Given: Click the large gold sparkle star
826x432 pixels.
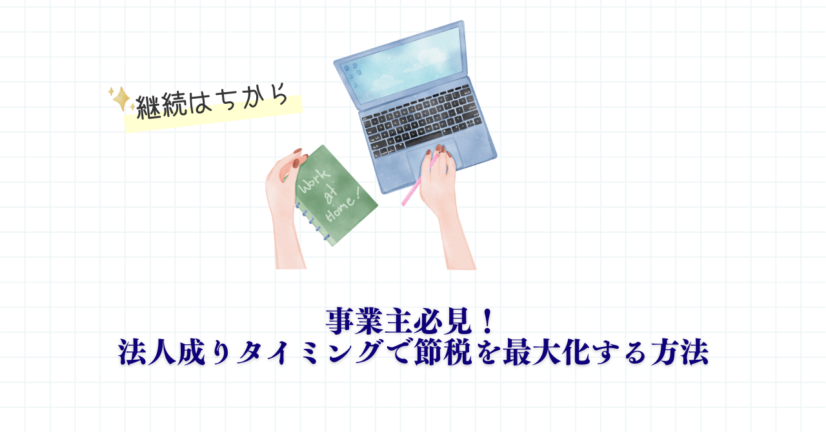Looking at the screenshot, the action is [x=121, y=99].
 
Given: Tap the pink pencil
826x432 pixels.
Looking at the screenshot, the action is [x=419, y=181].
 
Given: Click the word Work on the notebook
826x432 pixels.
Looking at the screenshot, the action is [x=314, y=181].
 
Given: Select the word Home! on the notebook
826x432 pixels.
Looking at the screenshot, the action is [x=342, y=210].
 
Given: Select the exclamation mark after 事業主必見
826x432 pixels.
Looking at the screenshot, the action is [x=487, y=322].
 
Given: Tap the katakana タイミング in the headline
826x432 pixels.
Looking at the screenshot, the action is [x=310, y=353].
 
